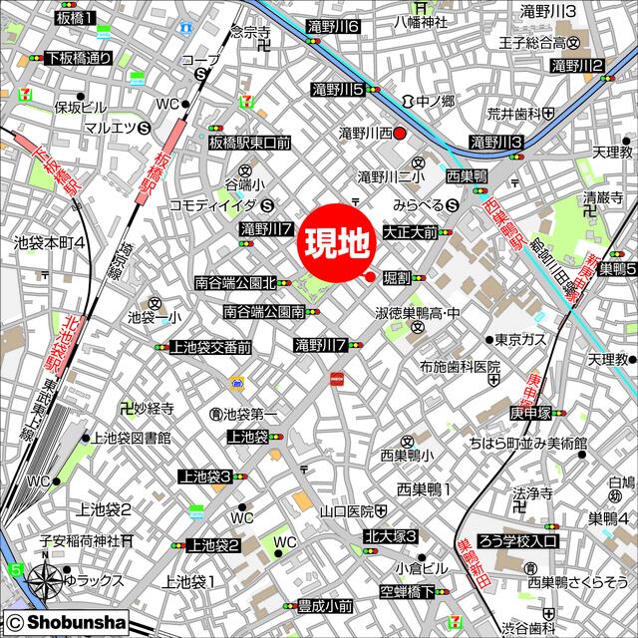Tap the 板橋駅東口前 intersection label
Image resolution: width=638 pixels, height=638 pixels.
pos(249,143)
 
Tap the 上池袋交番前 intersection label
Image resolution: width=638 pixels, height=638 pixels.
pos(209,346)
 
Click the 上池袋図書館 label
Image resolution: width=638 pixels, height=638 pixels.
pos(131,437)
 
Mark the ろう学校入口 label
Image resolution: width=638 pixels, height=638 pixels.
pos(521,542)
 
